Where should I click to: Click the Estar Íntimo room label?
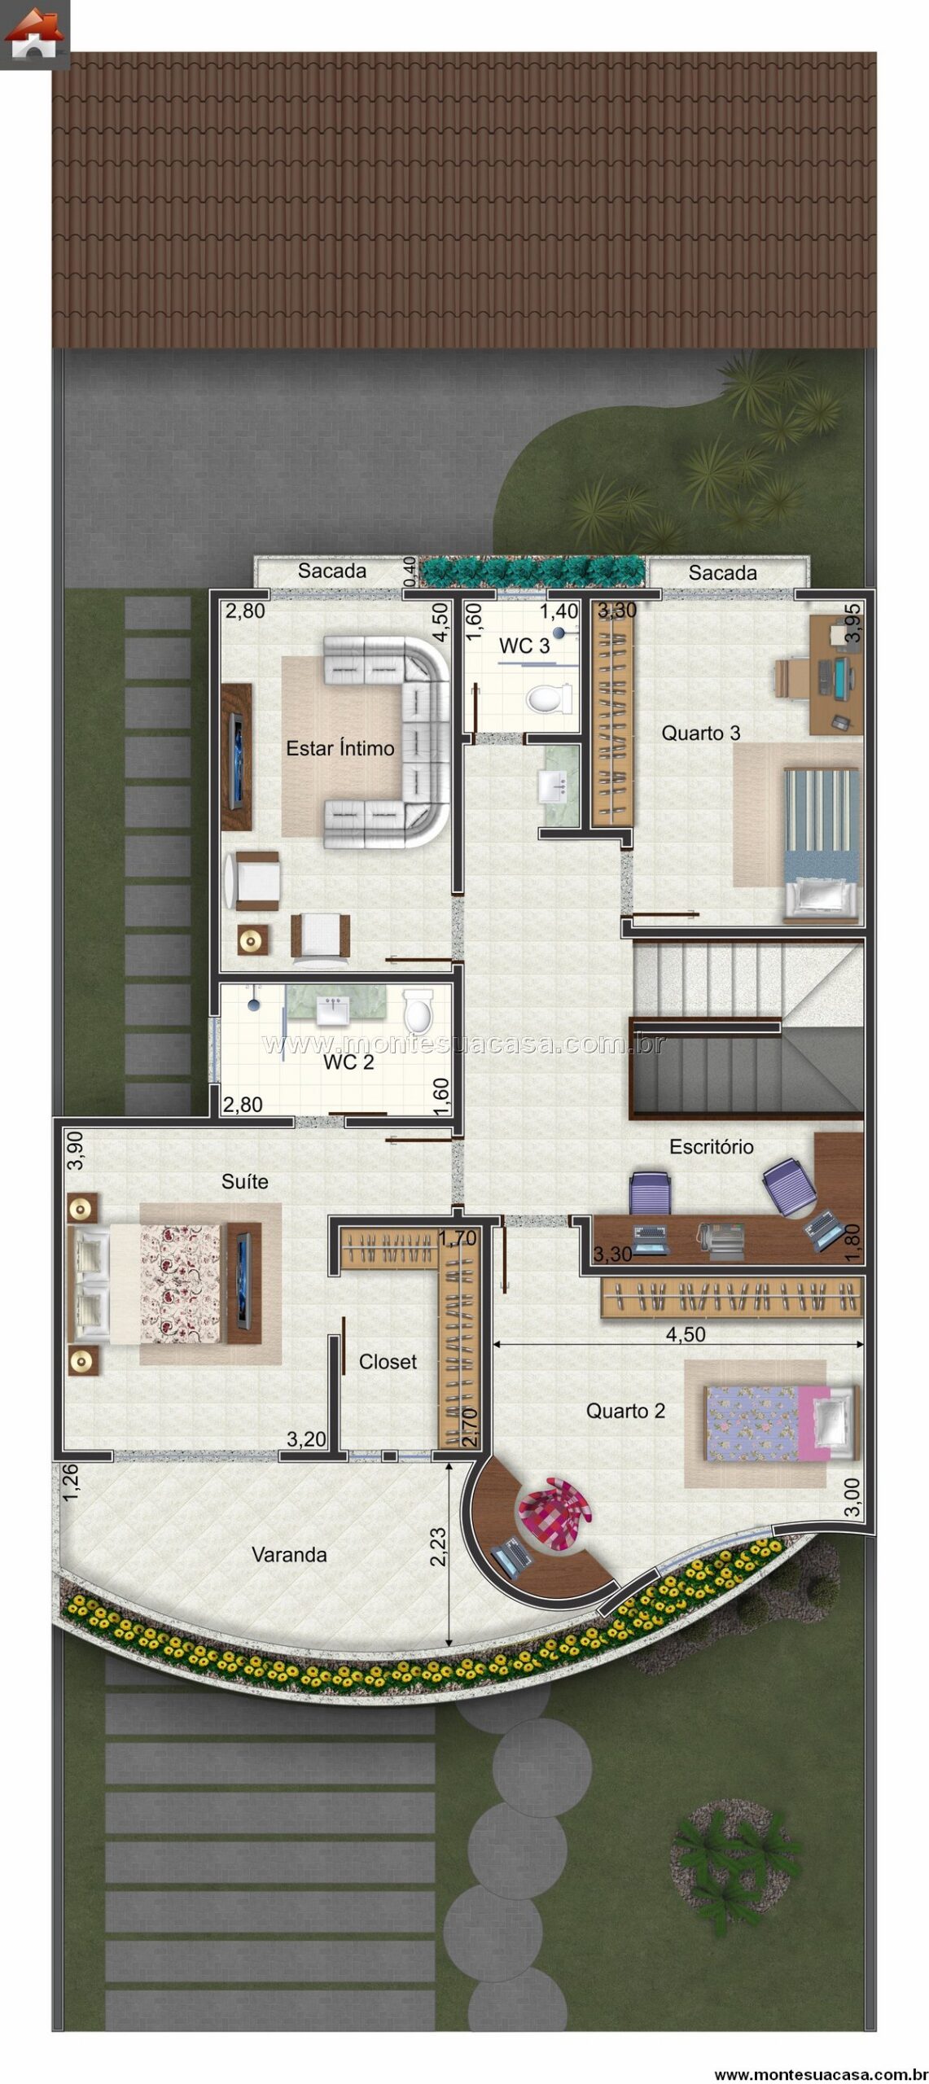point(340,748)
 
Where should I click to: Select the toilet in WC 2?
point(418,1011)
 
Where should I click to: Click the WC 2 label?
point(348,1062)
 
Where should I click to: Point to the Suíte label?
point(244,1181)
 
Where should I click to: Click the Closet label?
point(388,1362)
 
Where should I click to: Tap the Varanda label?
point(289,1555)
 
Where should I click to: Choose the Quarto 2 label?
point(625,1411)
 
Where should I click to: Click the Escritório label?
point(711,1147)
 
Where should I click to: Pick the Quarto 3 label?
point(700,733)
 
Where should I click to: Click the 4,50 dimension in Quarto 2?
point(686,1334)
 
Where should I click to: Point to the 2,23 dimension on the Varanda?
point(437,1547)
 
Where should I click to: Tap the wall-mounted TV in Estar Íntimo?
point(236,757)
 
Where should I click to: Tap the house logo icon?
point(34,34)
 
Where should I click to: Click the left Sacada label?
point(331,571)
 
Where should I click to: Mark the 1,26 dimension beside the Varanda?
point(71,1483)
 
